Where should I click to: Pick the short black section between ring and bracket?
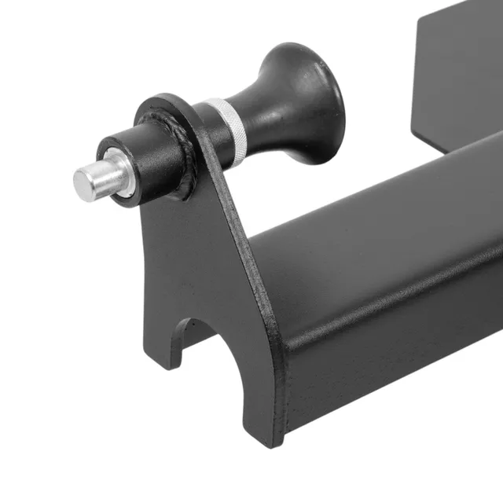click(201, 130)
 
